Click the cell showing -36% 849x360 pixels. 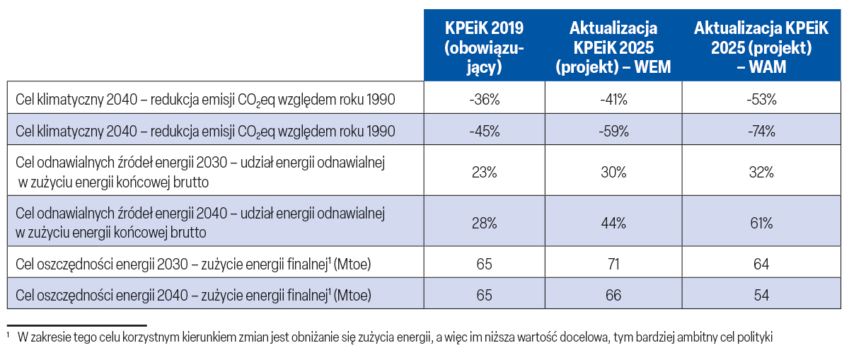tap(484, 100)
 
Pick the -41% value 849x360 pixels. tap(613, 100)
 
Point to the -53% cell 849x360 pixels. tap(761, 100)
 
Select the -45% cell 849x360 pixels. tap(484, 132)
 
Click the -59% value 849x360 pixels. tap(613, 132)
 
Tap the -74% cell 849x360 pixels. tap(761, 132)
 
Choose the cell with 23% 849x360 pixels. tap(484, 172)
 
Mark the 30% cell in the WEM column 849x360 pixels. tap(613, 172)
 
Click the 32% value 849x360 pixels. tap(761, 172)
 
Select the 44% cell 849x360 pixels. tap(613, 223)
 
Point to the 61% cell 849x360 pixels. tap(761, 223)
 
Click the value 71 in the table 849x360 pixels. tap(613, 264)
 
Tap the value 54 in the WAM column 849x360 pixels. tap(761, 295)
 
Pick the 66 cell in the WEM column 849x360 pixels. tap(613, 295)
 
